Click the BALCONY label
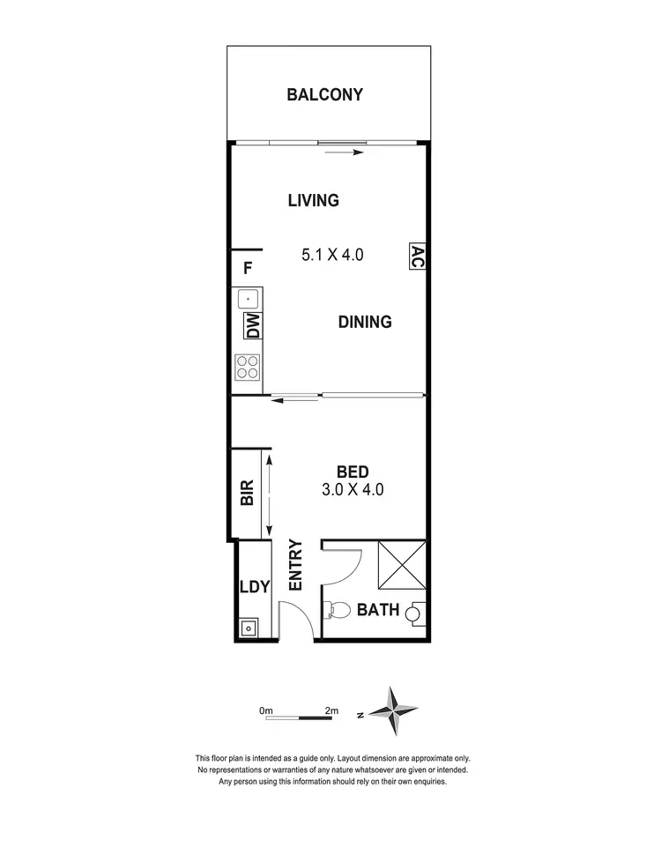[x=324, y=95]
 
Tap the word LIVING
[x=313, y=201]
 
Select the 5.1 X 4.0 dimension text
[x=332, y=256]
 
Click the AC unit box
[x=418, y=256]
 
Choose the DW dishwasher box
[x=252, y=327]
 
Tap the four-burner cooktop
[x=248, y=365]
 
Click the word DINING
[x=365, y=323]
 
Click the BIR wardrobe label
[x=247, y=492]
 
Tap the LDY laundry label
[x=254, y=587]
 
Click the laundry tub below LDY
[x=249, y=628]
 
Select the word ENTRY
[x=295, y=565]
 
